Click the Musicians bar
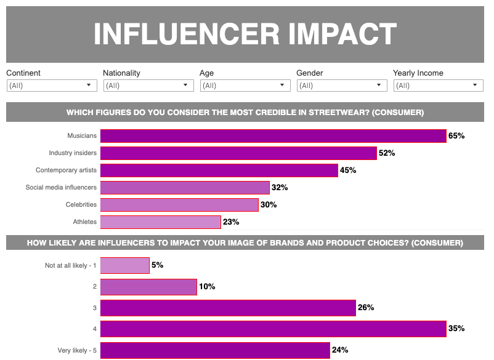pyautogui.click(x=273, y=136)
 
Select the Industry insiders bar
pyautogui.click(x=238, y=153)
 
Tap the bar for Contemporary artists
pyautogui.click(x=219, y=170)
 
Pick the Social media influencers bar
pyautogui.click(x=185, y=188)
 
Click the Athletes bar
pyautogui.click(x=160, y=222)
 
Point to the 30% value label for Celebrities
pyautogui.click(x=269, y=205)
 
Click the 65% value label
pyautogui.click(x=456, y=136)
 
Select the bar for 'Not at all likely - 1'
pyautogui.click(x=124, y=265)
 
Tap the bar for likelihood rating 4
pyautogui.click(x=273, y=329)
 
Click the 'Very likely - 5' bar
pyautogui.click(x=215, y=350)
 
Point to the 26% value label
pyautogui.click(x=366, y=308)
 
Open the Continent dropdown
pyautogui.click(x=52, y=86)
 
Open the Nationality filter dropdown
pyautogui.click(x=148, y=86)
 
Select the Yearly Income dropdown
pyautogui.click(x=438, y=86)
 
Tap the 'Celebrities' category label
pyautogui.click(x=81, y=205)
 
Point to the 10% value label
pyautogui.click(x=207, y=287)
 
